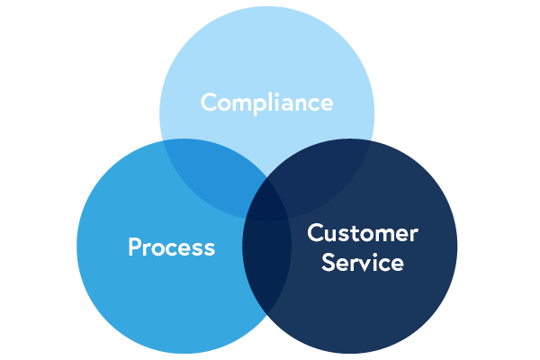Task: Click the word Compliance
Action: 266,103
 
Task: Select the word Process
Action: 171,247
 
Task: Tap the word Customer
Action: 362,234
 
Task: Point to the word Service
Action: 362,263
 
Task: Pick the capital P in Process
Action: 135,247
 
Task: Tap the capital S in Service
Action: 328,263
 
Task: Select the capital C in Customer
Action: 314,234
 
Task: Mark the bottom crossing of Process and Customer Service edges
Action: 267,312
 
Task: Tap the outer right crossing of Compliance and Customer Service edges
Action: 369,141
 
